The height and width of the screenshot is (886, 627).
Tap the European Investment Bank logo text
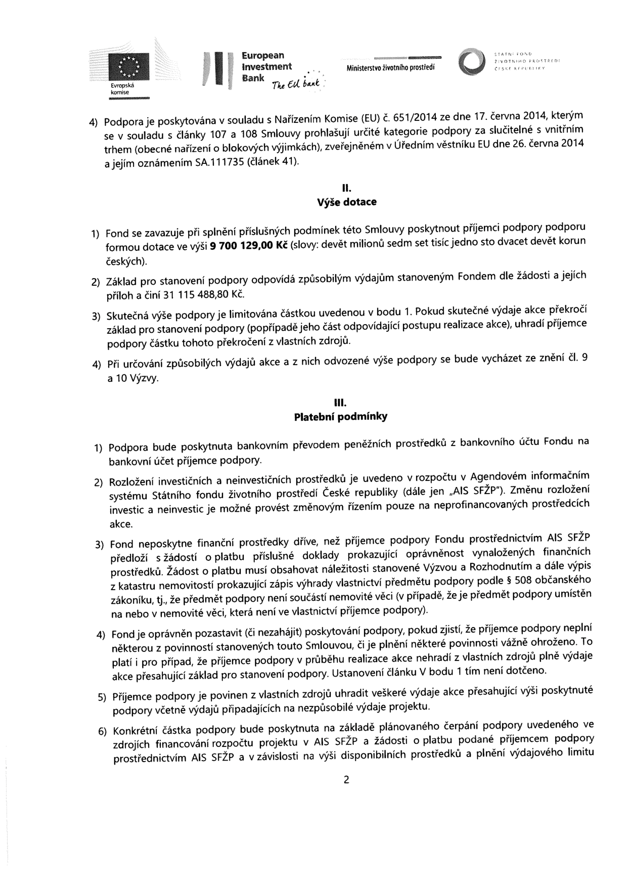click(x=266, y=67)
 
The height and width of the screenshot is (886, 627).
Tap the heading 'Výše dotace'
click(x=346, y=202)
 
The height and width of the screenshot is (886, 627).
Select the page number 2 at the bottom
click(x=346, y=780)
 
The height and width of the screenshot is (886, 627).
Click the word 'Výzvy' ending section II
click(x=146, y=378)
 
